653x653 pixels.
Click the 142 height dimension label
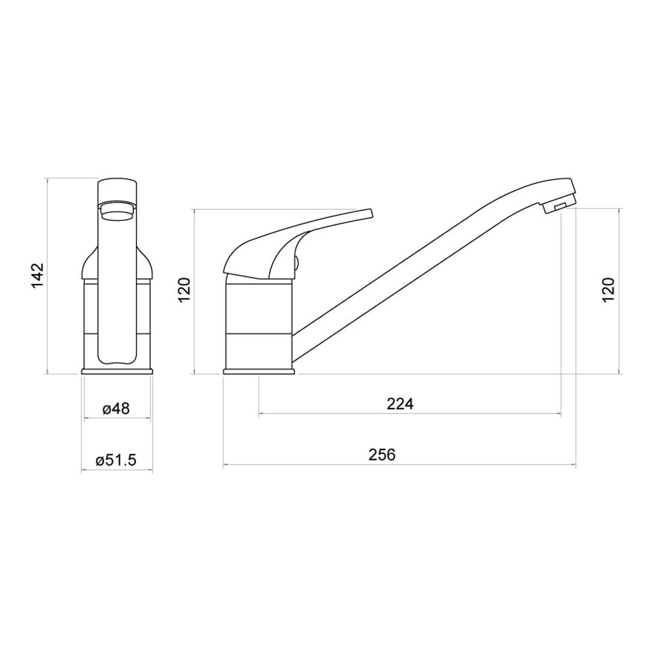click(x=38, y=275)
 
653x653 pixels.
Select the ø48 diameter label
click(x=116, y=409)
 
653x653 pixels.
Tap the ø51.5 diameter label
click(x=116, y=460)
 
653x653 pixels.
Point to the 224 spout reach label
click(x=400, y=403)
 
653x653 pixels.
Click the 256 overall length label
click(x=382, y=454)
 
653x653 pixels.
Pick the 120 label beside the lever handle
click(x=184, y=290)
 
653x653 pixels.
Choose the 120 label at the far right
click(x=609, y=290)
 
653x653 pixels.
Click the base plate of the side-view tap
click(x=260, y=371)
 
